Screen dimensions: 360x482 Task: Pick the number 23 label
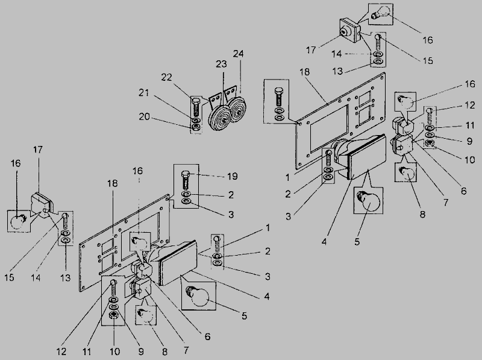click(x=222, y=63)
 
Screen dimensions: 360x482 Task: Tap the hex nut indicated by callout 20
click(x=196, y=127)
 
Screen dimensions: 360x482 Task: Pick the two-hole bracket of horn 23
click(x=214, y=97)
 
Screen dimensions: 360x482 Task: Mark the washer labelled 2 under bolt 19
click(x=186, y=194)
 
